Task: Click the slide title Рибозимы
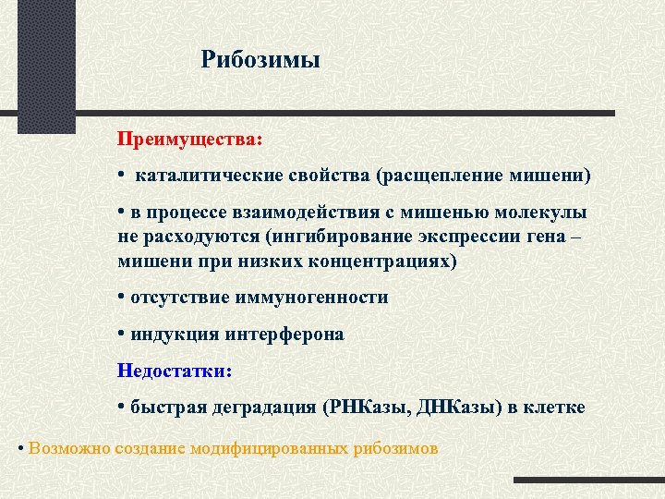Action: point(260,60)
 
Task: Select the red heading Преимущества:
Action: point(189,139)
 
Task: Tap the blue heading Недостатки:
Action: point(175,371)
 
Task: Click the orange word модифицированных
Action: point(269,448)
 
